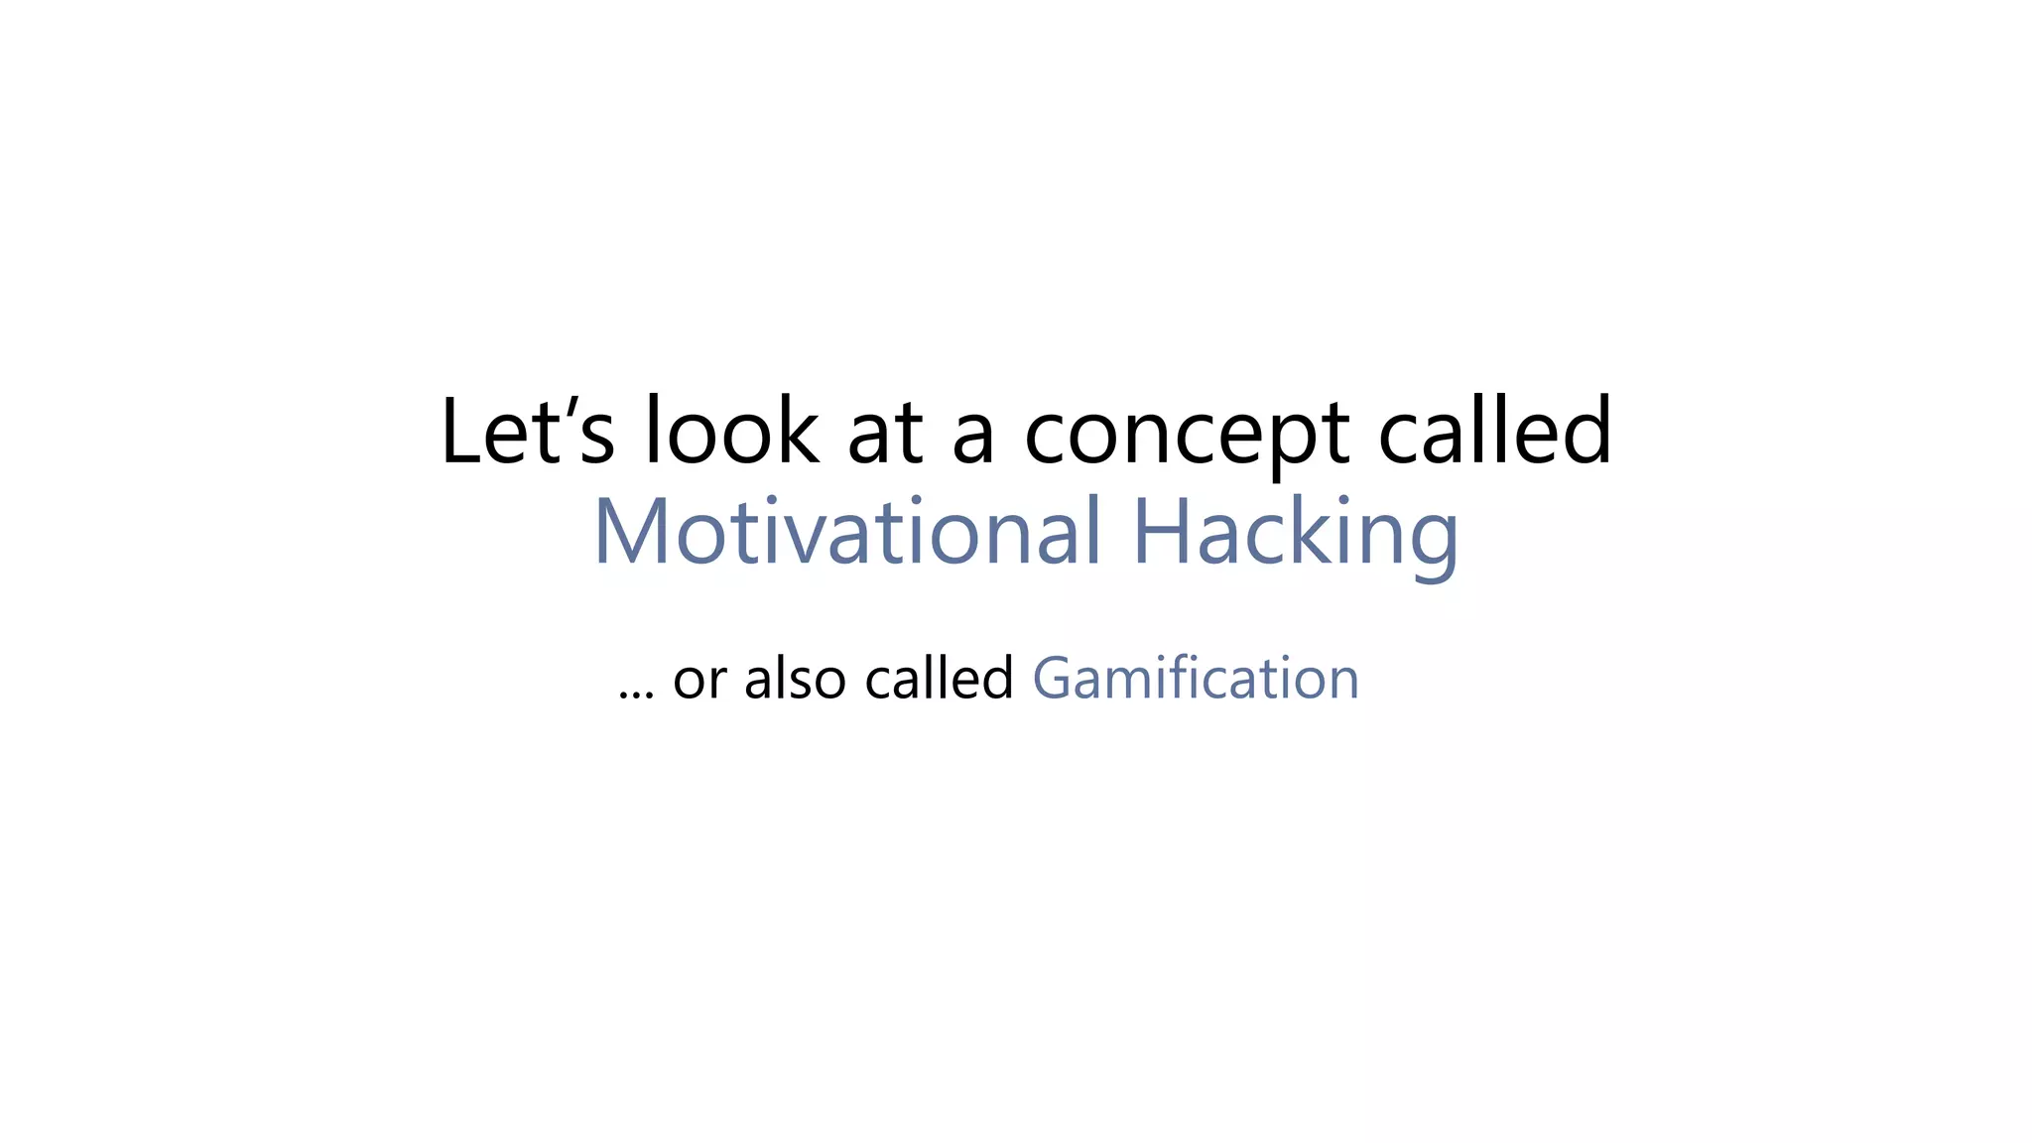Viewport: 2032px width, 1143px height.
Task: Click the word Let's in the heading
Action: pyautogui.click(x=527, y=432)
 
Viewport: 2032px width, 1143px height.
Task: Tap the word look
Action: pyautogui.click(x=732, y=432)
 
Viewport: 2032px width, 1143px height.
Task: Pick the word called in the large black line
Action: pyautogui.click(x=1495, y=432)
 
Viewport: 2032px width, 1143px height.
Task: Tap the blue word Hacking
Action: pyautogui.click(x=1295, y=533)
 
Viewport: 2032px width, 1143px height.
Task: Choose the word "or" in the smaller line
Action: pyautogui.click(x=700, y=681)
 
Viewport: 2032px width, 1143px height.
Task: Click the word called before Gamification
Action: pyautogui.click(x=939, y=679)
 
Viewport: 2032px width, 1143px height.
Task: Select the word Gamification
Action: pyautogui.click(x=1196, y=679)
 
